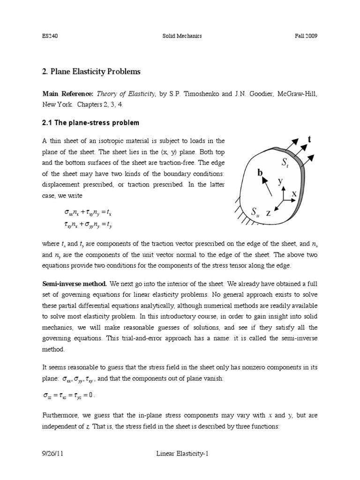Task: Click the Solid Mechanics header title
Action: (180, 37)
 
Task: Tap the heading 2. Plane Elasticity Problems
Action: (91, 72)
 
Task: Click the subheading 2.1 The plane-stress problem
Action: (90, 123)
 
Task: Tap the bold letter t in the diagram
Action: (309, 139)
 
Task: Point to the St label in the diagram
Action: (285, 163)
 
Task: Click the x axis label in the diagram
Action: (294, 193)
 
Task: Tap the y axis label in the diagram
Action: (281, 181)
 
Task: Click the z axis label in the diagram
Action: (269, 213)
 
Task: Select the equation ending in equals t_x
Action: (87, 213)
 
